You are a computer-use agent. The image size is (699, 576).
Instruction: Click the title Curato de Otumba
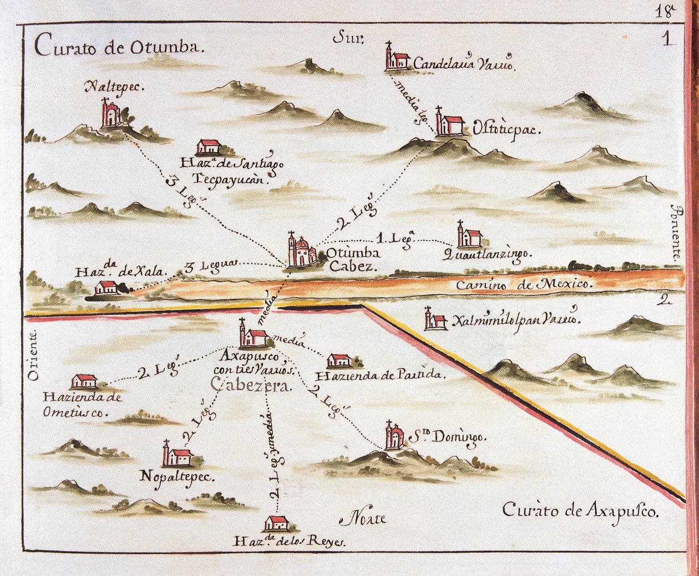119,47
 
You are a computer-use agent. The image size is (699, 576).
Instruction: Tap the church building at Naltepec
110,115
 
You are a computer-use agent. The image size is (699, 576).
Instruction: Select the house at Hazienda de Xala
106,287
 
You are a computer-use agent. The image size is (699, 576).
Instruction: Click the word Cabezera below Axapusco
250,386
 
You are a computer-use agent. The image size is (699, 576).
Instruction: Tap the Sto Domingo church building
394,436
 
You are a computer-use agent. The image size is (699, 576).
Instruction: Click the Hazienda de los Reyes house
276,523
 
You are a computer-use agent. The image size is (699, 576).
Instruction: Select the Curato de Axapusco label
580,511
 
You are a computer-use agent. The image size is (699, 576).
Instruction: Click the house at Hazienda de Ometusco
84,382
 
